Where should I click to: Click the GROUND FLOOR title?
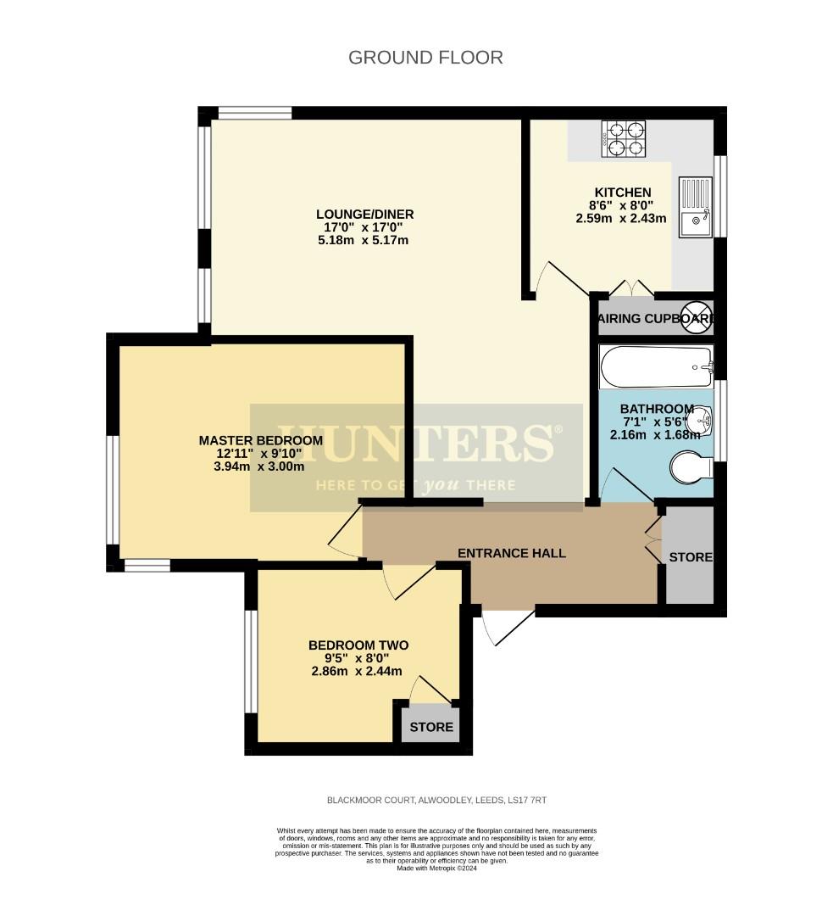tap(425, 58)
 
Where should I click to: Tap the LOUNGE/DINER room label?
tap(364, 214)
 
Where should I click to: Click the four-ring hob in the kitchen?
tap(624, 139)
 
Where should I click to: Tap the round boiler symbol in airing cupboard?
tap(699, 316)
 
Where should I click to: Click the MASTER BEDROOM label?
tap(260, 440)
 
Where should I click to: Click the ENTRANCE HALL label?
tap(511, 553)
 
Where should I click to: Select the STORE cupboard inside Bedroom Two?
tap(431, 727)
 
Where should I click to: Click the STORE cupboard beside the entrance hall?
tap(690, 557)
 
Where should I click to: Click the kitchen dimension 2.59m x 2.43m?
tap(620, 218)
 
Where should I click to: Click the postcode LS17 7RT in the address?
tap(536, 800)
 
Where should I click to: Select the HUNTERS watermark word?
tap(415, 442)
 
